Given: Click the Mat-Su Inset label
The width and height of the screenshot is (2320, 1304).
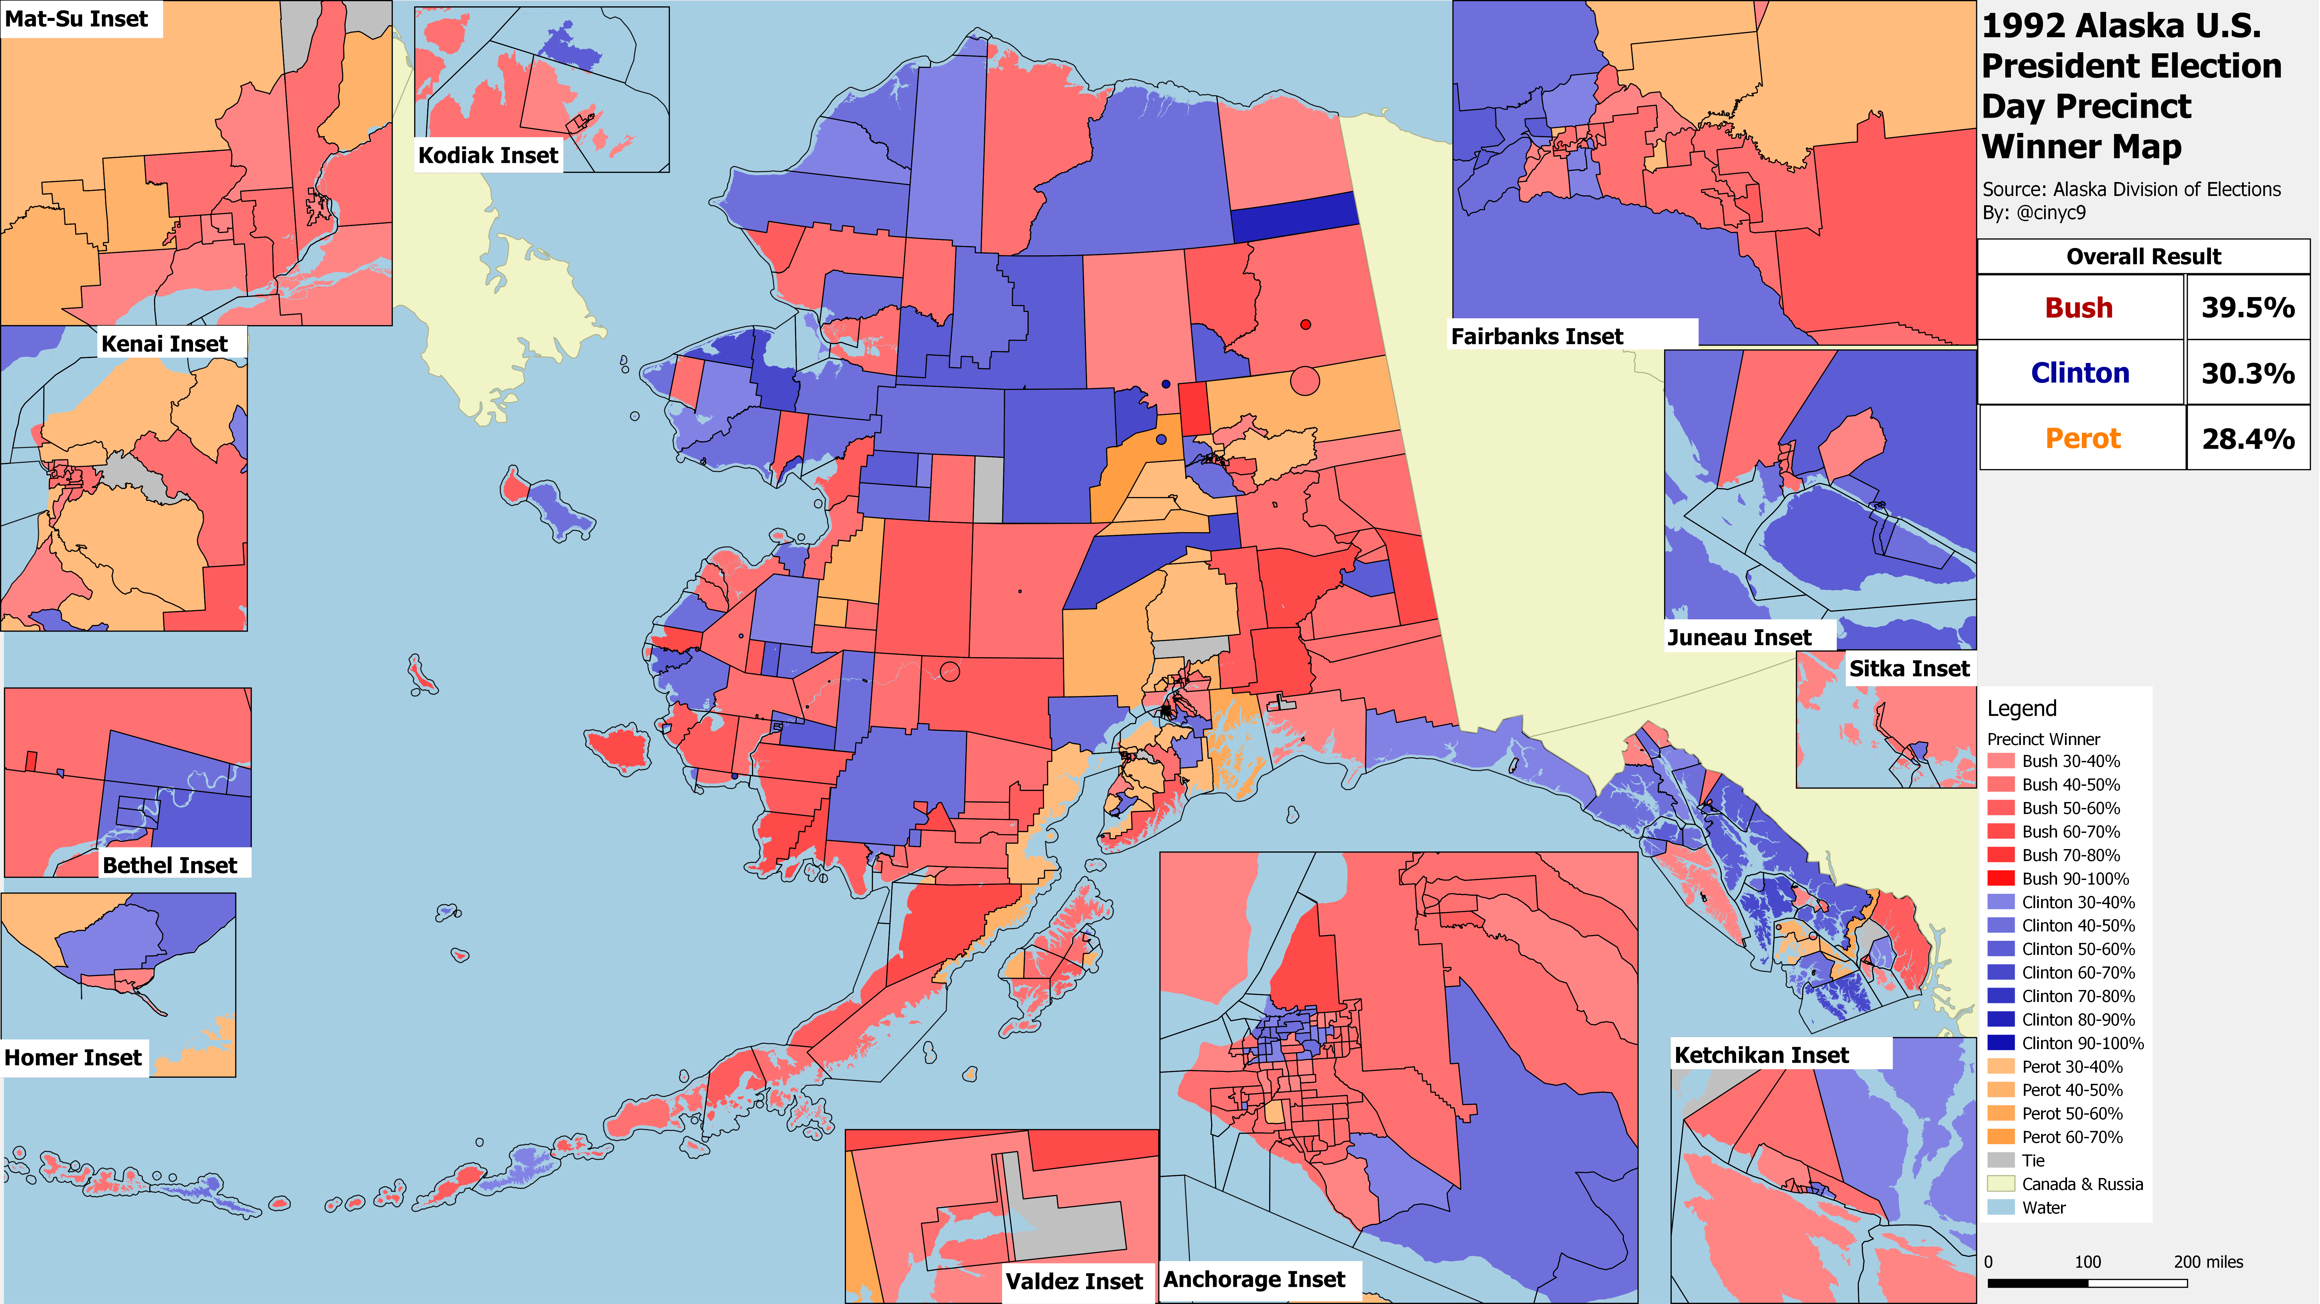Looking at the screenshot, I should pos(77,19).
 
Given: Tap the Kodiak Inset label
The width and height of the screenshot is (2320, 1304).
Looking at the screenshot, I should pos(488,155).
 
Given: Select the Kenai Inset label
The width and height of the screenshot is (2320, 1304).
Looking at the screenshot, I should pos(164,343).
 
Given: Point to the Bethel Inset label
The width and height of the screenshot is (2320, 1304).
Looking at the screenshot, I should pos(169,865).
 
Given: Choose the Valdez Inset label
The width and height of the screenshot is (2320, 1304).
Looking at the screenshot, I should pos(1073,1280).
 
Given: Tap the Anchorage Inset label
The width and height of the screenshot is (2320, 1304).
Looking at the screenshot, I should pos(1254,1279).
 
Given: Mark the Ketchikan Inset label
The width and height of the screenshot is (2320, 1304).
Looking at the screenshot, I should pos(1761,1055).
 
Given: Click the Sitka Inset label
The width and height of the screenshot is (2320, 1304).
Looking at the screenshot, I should pos(1909,668).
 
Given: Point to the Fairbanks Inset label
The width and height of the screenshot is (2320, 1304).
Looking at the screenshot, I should pos(1536,336).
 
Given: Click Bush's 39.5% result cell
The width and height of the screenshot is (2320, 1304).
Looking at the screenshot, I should pos(2248,307).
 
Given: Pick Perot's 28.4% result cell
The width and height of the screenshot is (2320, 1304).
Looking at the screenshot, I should pos(2248,439).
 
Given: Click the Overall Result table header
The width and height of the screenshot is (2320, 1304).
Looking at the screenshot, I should pos(2144,257).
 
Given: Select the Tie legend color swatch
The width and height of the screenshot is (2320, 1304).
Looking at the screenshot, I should pos(2000,1160).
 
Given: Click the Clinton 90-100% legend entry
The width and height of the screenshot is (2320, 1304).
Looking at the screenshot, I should pos(2082,1043).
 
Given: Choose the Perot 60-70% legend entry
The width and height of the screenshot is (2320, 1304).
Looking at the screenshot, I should pos(2071,1137).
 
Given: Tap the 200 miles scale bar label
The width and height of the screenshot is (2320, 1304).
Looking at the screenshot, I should pos(2208,1262).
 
